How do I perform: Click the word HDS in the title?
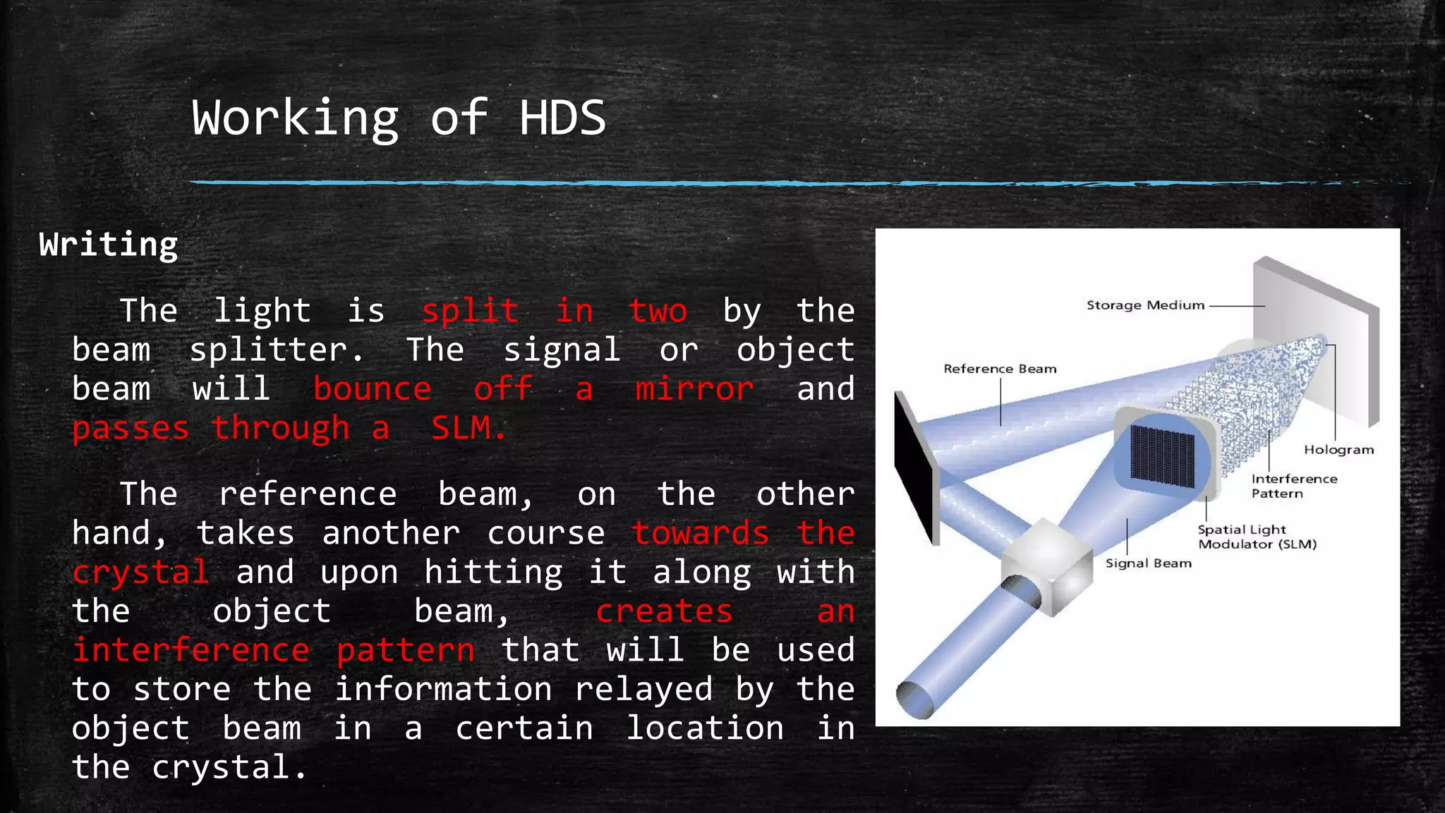(x=562, y=118)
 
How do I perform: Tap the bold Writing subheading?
(x=109, y=245)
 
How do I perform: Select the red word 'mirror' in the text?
(x=694, y=389)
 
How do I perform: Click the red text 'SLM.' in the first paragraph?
(x=468, y=428)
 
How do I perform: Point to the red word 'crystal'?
(x=140, y=573)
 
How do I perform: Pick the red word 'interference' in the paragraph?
(x=191, y=650)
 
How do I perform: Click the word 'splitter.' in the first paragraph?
(x=277, y=350)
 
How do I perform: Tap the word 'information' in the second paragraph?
(x=443, y=689)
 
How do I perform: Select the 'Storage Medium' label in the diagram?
(x=1145, y=305)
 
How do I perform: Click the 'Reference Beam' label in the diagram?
(x=1000, y=369)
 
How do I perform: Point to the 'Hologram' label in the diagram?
(x=1338, y=450)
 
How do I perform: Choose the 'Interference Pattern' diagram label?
(x=1293, y=486)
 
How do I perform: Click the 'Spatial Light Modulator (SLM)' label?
(x=1257, y=537)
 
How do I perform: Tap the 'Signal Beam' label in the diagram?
(x=1148, y=563)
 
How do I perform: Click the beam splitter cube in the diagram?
(x=1047, y=564)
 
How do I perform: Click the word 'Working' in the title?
(x=295, y=118)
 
